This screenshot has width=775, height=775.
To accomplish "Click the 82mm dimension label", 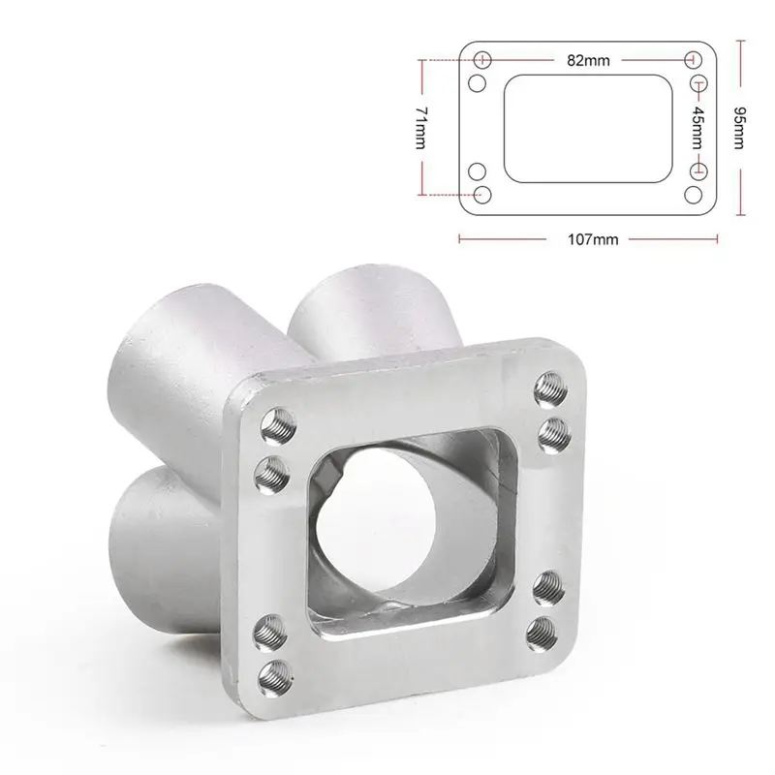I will coord(588,60).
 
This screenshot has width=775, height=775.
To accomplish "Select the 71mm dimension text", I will coord(419,126).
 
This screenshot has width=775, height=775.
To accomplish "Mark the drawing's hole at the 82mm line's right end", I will coord(694,60).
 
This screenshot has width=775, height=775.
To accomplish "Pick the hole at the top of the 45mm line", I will coord(696,83).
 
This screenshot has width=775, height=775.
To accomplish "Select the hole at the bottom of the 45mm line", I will coord(696,170).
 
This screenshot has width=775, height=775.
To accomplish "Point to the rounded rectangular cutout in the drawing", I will coord(588,127).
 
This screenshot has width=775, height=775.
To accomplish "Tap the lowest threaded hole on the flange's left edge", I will coord(278,669).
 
